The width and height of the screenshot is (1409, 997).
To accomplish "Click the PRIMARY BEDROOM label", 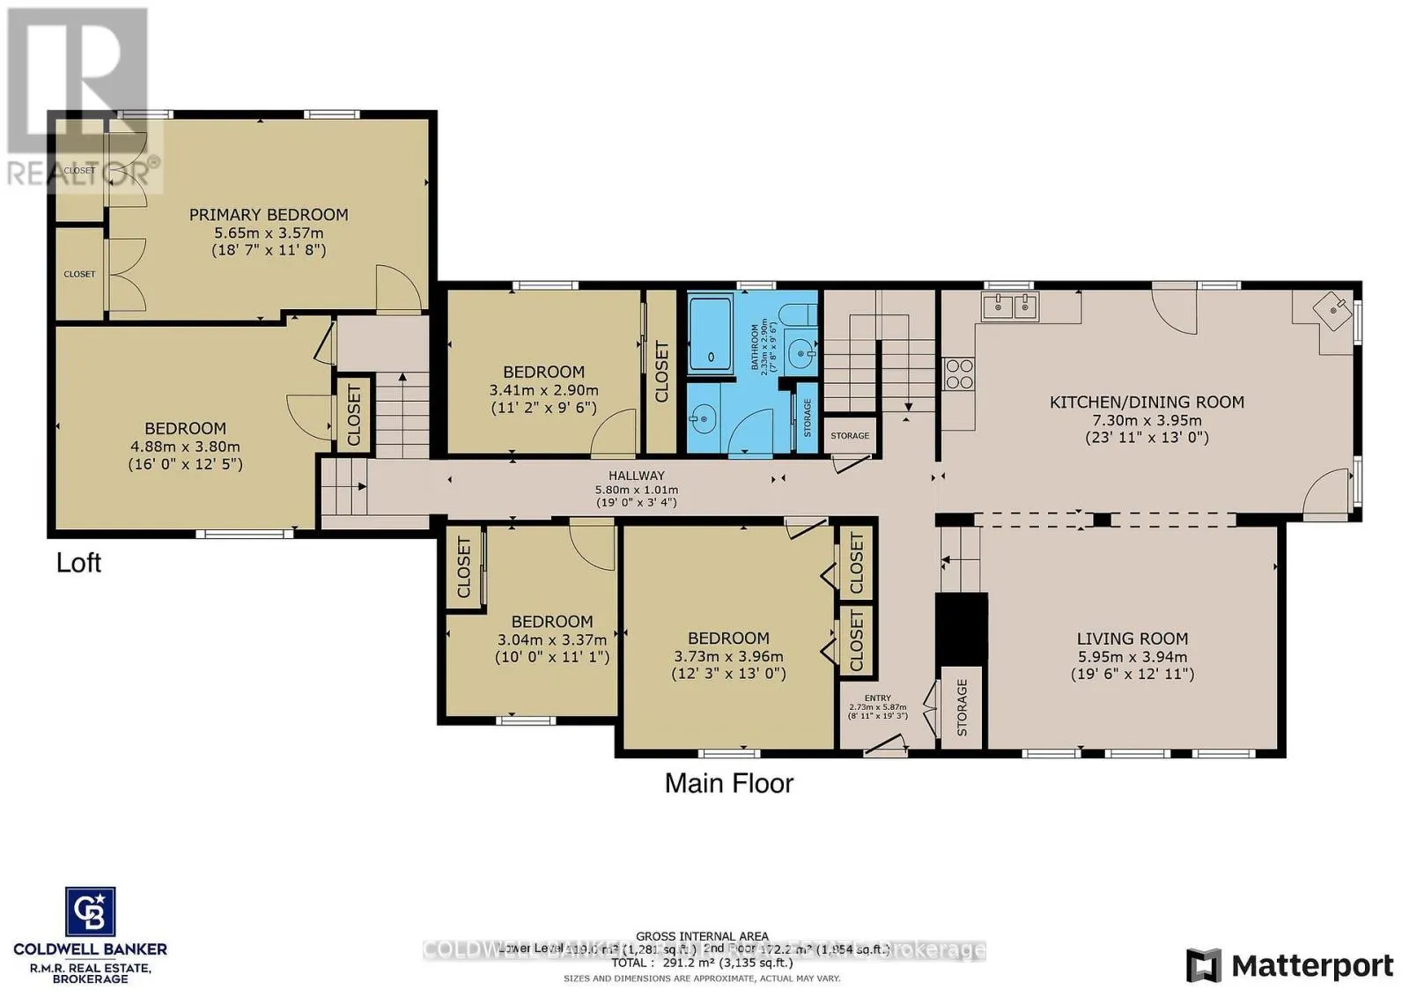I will pyautogui.click(x=269, y=214).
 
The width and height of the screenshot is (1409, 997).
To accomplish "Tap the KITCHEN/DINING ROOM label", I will pyautogui.click(x=1147, y=402).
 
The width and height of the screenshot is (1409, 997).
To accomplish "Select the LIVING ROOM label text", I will pyautogui.click(x=1132, y=639).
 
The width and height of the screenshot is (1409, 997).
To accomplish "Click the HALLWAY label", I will pyautogui.click(x=636, y=476).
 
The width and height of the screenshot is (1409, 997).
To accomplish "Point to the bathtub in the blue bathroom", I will pyautogui.click(x=709, y=333).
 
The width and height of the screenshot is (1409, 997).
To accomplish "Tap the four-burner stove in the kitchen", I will pyautogui.click(x=958, y=374).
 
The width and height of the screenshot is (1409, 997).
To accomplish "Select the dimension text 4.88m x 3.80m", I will pyautogui.click(x=185, y=447).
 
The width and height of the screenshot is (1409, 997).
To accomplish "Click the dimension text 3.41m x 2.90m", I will pyautogui.click(x=543, y=390).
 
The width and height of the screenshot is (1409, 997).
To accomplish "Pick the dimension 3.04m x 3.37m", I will pyautogui.click(x=552, y=639).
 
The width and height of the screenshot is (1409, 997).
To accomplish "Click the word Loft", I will pyautogui.click(x=78, y=562).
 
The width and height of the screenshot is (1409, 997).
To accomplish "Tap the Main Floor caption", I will pyautogui.click(x=728, y=783).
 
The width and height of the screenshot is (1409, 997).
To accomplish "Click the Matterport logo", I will pyautogui.click(x=1289, y=965).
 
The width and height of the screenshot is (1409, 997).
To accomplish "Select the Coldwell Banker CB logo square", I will pyautogui.click(x=90, y=912).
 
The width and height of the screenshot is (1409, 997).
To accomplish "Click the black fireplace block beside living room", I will pyautogui.click(x=961, y=627).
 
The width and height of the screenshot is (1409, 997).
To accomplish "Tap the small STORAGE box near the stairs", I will pyautogui.click(x=850, y=435).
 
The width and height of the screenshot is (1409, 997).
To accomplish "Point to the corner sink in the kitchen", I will pyautogui.click(x=1333, y=308).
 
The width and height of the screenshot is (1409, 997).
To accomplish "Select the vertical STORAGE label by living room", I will pyautogui.click(x=962, y=707).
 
